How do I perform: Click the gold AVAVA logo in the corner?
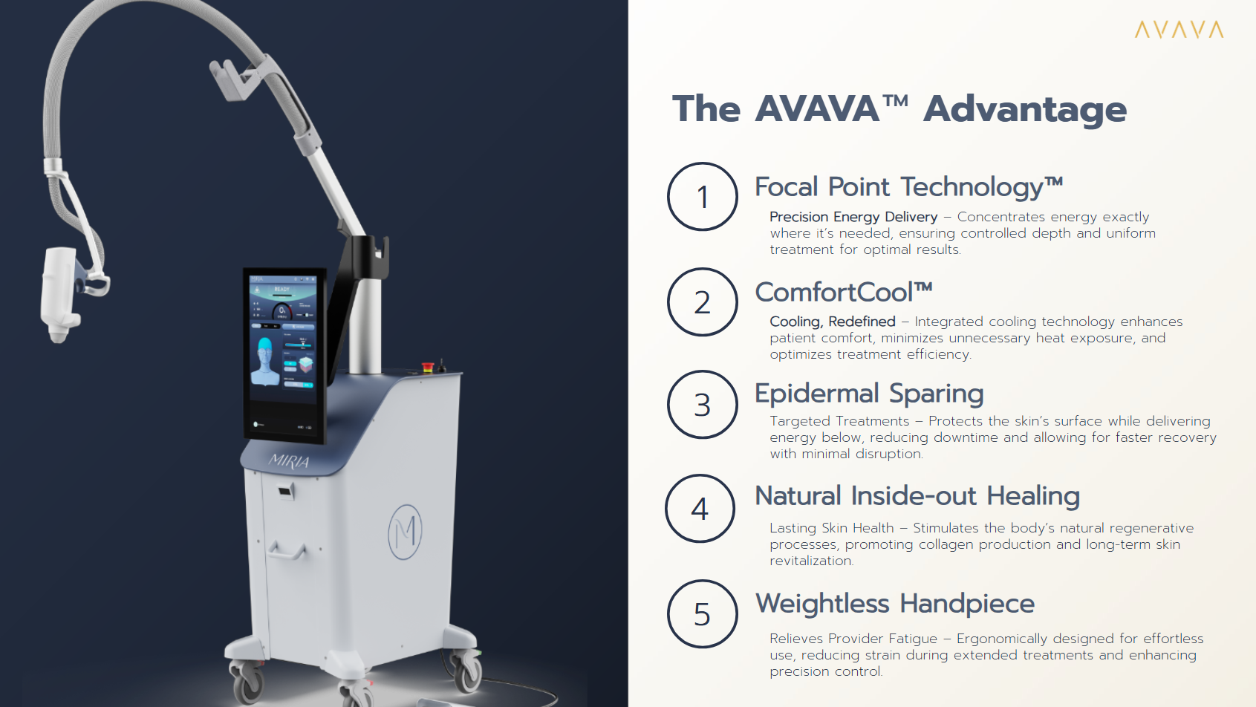click(1179, 30)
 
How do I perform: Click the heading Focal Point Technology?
click(908, 188)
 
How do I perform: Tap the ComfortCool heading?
click(844, 292)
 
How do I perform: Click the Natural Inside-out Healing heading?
click(917, 496)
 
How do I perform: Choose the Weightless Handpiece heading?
click(895, 604)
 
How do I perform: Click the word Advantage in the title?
click(1025, 109)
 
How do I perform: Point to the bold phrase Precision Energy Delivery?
click(853, 217)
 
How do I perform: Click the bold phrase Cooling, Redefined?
click(833, 322)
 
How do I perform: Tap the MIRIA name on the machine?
click(289, 461)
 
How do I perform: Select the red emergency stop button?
click(428, 367)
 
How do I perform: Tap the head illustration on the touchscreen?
click(264, 361)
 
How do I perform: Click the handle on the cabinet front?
click(287, 550)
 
